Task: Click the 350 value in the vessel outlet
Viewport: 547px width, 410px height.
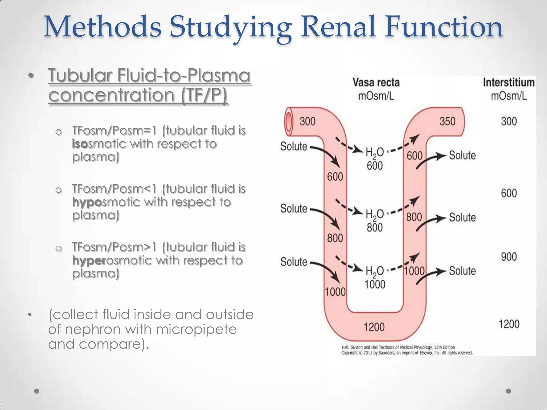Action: click(447, 121)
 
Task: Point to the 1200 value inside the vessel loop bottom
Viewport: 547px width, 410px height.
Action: click(374, 327)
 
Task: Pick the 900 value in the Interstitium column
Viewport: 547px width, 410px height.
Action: click(509, 257)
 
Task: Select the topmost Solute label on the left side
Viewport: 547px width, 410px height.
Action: click(294, 147)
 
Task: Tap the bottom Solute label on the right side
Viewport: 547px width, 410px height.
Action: click(462, 271)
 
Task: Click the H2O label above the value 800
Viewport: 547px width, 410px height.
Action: click(374, 214)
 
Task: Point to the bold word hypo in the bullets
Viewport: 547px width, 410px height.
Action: click(87, 202)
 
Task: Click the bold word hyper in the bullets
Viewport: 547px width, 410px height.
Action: click(89, 260)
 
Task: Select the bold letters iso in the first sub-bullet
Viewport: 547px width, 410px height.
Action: click(80, 144)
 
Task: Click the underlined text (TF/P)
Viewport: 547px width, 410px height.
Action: click(204, 95)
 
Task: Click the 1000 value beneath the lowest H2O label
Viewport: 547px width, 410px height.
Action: click(375, 285)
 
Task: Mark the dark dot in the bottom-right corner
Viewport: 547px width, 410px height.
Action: click(509, 391)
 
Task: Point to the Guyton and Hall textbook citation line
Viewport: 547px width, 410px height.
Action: click(398, 347)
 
